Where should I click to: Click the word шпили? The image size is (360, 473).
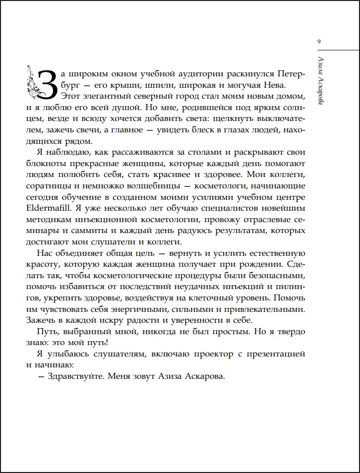click(129, 86)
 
